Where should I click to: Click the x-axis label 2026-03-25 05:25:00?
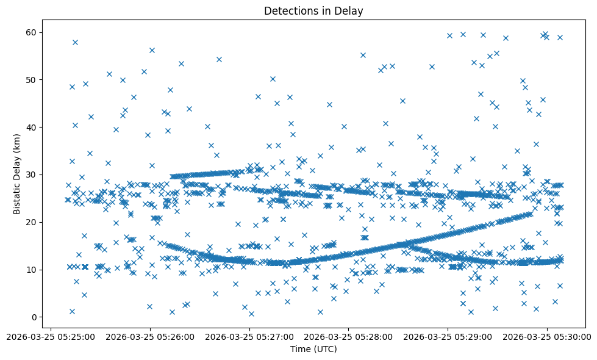coord(51,336)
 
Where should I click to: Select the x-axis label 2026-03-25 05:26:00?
coord(150,336)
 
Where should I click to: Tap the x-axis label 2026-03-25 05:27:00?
coord(249,336)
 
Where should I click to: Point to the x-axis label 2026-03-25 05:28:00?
coord(349,336)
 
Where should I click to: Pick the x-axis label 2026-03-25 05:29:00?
coord(448,336)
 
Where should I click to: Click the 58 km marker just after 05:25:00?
coord(75,42)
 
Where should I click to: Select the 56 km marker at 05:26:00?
coord(152,50)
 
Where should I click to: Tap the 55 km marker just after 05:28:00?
coord(363,55)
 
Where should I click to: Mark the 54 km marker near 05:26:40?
coord(219,59)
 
